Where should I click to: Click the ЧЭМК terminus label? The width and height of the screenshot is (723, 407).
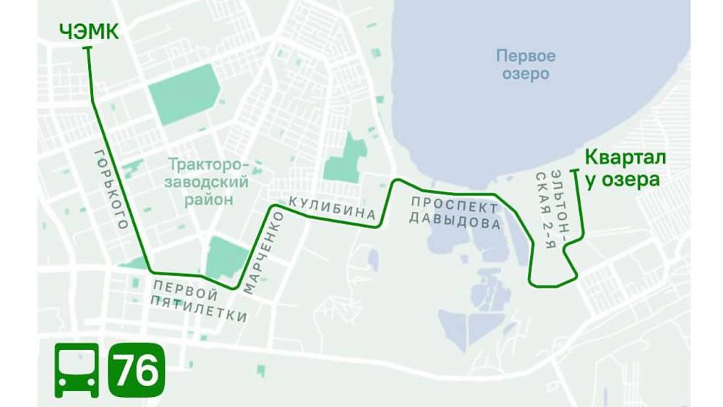pyautogui.click(x=89, y=32)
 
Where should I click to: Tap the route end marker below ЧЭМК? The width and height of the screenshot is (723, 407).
pyautogui.click(x=88, y=48)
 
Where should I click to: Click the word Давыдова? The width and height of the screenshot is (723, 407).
pyautogui.click(x=455, y=220)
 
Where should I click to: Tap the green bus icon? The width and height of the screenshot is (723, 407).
pyautogui.click(x=77, y=370)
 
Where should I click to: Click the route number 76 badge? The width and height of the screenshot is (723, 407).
pyautogui.click(x=136, y=370)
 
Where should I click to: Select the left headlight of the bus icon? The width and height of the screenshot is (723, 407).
pyautogui.click(x=64, y=380)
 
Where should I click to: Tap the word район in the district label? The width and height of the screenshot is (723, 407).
pyautogui.click(x=208, y=199)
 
